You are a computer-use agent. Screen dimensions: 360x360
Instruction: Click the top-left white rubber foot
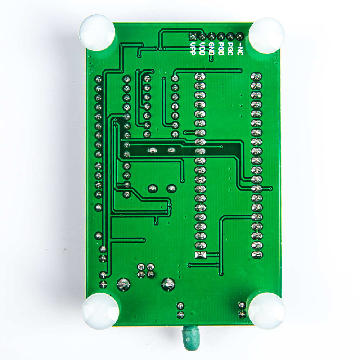click(97, 33)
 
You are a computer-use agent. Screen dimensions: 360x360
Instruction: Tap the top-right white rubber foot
click(266, 35)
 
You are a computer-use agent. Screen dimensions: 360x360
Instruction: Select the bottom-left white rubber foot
click(100, 311)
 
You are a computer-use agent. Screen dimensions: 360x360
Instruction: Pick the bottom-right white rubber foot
click(267, 311)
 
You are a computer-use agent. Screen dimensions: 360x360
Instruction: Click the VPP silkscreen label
click(193, 49)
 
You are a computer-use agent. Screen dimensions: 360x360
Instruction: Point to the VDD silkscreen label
click(202, 49)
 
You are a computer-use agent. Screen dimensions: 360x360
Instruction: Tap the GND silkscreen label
click(211, 49)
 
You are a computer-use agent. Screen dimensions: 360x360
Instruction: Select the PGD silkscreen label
click(221, 49)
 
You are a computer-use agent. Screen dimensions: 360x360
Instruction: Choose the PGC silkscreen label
click(230, 49)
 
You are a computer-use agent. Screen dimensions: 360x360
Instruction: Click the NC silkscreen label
click(239, 49)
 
